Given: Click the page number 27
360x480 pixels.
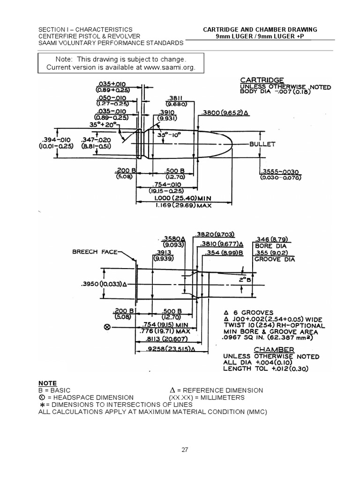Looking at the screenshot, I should pos(185,450).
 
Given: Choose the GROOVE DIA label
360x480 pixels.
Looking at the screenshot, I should pos(275,259).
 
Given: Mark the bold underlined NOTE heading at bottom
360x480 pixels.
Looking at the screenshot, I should pos(47,383).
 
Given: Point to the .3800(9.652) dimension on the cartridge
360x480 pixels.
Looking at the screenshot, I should pos(225,113).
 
